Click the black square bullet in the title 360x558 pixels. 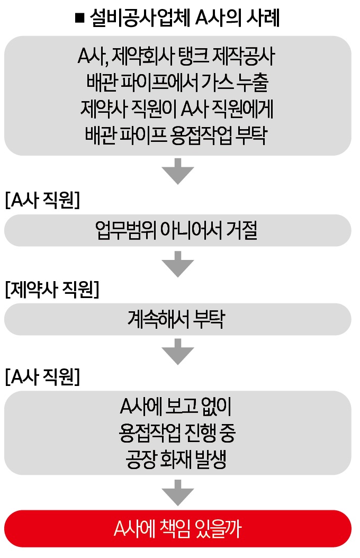(80, 18)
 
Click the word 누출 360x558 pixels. (253, 83)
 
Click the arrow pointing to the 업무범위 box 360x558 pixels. (177, 171)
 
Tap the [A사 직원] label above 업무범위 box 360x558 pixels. (42, 200)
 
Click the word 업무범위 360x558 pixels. (125, 230)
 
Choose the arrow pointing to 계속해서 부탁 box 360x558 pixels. (177, 264)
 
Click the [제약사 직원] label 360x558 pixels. (52, 289)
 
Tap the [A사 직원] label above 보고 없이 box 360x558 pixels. (42, 376)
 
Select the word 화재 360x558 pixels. (176, 460)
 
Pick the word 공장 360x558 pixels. (141, 460)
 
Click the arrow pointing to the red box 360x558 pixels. (177, 493)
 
